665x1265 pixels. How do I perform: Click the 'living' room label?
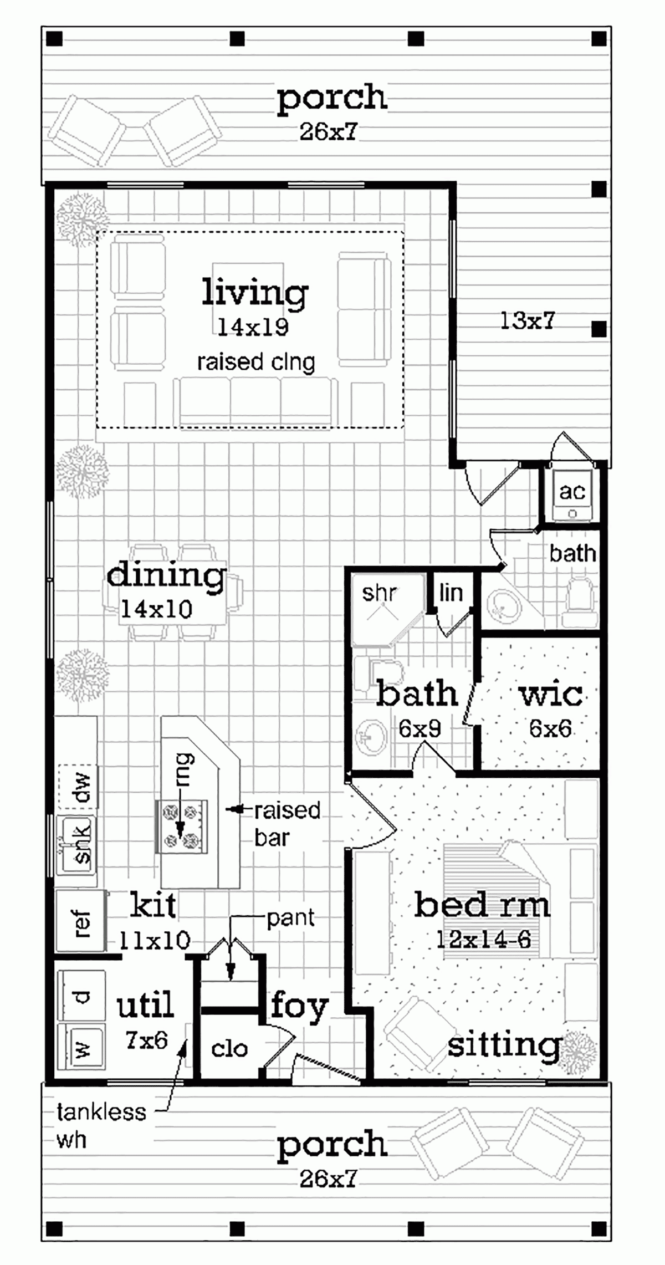[255, 293]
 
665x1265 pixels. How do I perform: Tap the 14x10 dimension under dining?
[157, 610]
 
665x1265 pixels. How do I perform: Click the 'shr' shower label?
[379, 593]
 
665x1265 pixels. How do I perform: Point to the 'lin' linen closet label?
[451, 593]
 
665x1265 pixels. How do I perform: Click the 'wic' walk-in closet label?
[551, 695]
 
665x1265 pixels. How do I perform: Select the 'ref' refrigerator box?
[81, 923]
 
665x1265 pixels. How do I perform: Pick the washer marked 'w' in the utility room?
[81, 1049]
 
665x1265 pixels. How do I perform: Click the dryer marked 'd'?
[81, 996]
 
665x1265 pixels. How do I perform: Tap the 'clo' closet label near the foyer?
[229, 1049]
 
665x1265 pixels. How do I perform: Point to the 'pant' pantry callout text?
[290, 919]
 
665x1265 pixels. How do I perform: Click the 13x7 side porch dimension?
[527, 321]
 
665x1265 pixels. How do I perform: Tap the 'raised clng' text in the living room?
[256, 363]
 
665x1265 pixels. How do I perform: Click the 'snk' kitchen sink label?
[82, 844]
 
